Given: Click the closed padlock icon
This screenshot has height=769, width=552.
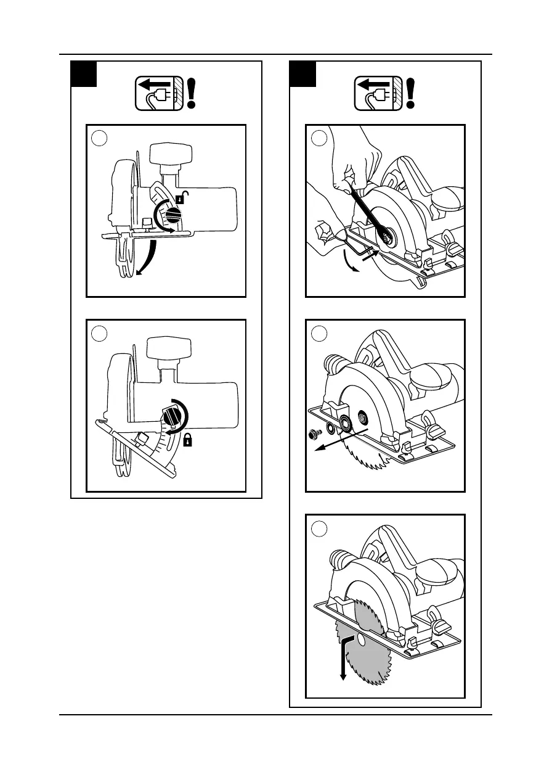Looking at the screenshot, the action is [186, 440].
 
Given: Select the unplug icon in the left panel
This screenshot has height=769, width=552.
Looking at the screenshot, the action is [160, 94].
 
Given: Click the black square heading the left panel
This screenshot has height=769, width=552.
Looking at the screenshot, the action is [84, 74].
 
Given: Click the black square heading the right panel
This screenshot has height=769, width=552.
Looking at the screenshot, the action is [302, 74].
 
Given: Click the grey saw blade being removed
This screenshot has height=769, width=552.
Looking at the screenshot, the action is [363, 648].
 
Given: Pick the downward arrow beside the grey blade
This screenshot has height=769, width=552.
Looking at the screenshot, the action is [343, 660].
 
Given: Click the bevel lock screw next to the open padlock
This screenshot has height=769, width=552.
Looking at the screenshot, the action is [172, 216].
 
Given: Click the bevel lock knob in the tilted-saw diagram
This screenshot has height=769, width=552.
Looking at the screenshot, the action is [174, 416].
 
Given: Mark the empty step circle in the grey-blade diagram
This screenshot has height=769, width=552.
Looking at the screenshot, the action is [319, 528].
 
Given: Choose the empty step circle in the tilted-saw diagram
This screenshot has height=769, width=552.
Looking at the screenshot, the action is [99, 334].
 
